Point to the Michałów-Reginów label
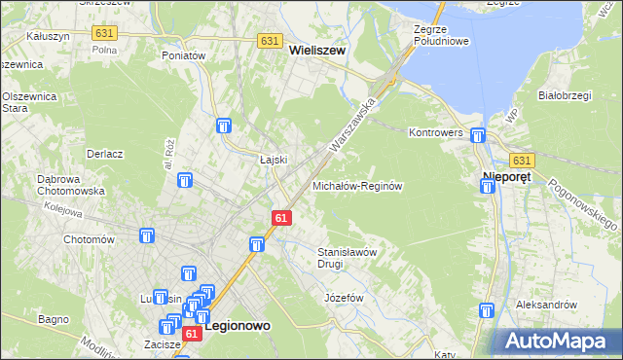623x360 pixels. (357, 185)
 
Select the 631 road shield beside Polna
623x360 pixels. (105, 33)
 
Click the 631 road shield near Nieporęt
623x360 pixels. (522, 161)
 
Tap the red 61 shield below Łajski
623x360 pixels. (279, 219)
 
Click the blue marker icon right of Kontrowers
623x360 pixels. (477, 136)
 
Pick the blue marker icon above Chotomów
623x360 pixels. (147, 235)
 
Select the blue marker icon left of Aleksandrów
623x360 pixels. (486, 311)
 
